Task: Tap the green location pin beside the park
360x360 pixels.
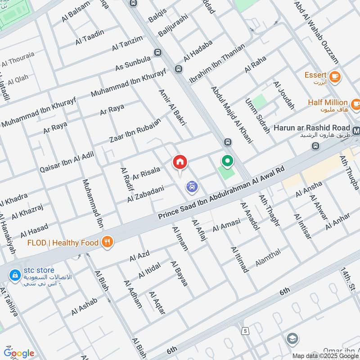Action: pos(228,161)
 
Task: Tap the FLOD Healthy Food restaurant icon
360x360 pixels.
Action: pos(107,243)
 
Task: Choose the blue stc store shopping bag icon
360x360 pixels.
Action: pos(15,274)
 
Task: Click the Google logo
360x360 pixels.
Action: pos(19,353)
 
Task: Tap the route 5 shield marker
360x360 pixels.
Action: pos(243,331)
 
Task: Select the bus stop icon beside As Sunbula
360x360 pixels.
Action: pos(157,52)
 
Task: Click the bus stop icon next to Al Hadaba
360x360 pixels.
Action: pos(179,69)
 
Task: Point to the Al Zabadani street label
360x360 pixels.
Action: pos(145,193)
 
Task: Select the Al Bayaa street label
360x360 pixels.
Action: pos(179,274)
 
